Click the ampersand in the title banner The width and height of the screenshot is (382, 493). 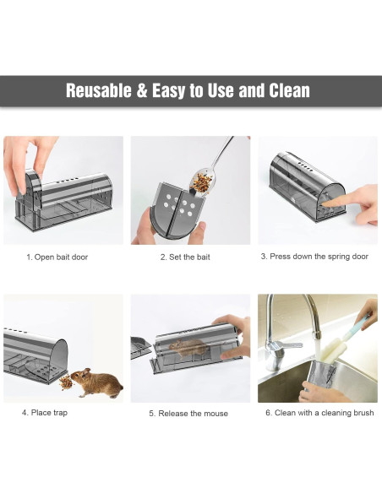pyautogui.click(x=141, y=90)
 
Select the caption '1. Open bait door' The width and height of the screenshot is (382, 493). pyautogui.click(x=57, y=257)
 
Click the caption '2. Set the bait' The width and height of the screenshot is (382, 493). pyautogui.click(x=185, y=257)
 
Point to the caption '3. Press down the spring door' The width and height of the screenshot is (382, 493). pyautogui.click(x=314, y=256)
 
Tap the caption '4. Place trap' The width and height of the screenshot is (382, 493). pyautogui.click(x=45, y=413)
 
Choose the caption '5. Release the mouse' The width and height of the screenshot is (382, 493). pyautogui.click(x=188, y=414)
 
